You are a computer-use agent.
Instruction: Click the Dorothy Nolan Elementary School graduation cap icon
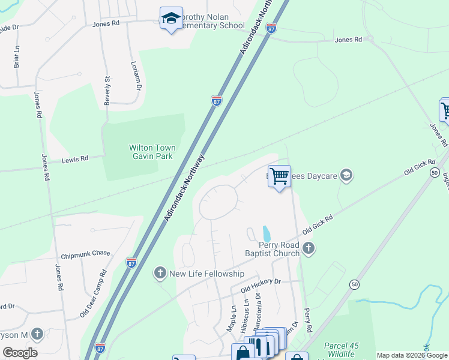pyautogui.click(x=171, y=18)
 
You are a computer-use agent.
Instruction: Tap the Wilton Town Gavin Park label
pyautogui.click(x=152, y=152)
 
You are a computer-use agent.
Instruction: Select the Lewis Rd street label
pyautogui.click(x=76, y=159)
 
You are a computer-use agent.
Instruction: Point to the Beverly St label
pyautogui.click(x=107, y=91)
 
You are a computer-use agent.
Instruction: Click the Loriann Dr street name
pyautogui.click(x=136, y=76)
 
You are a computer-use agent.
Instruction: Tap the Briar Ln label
pyautogui.click(x=17, y=56)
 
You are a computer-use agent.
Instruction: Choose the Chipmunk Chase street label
pyautogui.click(x=85, y=253)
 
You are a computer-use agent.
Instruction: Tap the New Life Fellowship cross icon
pyautogui.click(x=160, y=274)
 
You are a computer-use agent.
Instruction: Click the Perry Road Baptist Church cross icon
pyautogui.click(x=309, y=248)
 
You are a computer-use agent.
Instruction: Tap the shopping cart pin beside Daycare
pyautogui.click(x=279, y=177)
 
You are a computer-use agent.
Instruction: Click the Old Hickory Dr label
pyautogui.click(x=261, y=285)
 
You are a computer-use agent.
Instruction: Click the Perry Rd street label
pyautogui.click(x=308, y=321)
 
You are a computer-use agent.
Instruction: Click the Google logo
pyautogui.click(x=19, y=353)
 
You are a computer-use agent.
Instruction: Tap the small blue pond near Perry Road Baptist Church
pyautogui.click(x=265, y=232)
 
